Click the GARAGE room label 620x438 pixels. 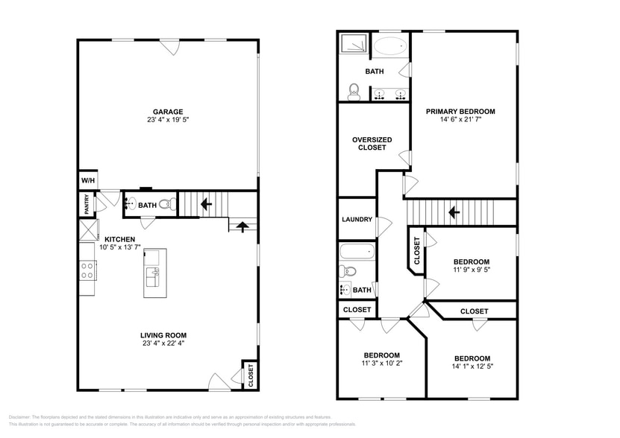pyautogui.click(x=168, y=112)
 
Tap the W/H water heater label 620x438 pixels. pyautogui.click(x=87, y=181)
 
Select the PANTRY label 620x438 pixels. pyautogui.click(x=87, y=203)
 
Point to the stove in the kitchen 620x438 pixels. pyautogui.click(x=87, y=270)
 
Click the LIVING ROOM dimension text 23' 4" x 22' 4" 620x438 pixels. pyautogui.click(x=168, y=343)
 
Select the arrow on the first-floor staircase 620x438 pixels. pyautogui.click(x=206, y=202)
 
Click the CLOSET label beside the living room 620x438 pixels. pyautogui.click(x=250, y=375)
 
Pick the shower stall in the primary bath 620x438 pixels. pyautogui.click(x=354, y=45)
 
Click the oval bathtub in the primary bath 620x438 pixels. pyautogui.click(x=390, y=46)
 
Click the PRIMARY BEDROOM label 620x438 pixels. pyautogui.click(x=460, y=112)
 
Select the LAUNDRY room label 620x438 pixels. pyautogui.click(x=357, y=220)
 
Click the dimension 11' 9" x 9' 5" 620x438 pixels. pyautogui.click(x=472, y=270)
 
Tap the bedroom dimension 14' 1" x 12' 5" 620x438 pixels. pyautogui.click(x=472, y=366)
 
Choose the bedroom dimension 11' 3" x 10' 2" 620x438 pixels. pyautogui.click(x=381, y=364)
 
